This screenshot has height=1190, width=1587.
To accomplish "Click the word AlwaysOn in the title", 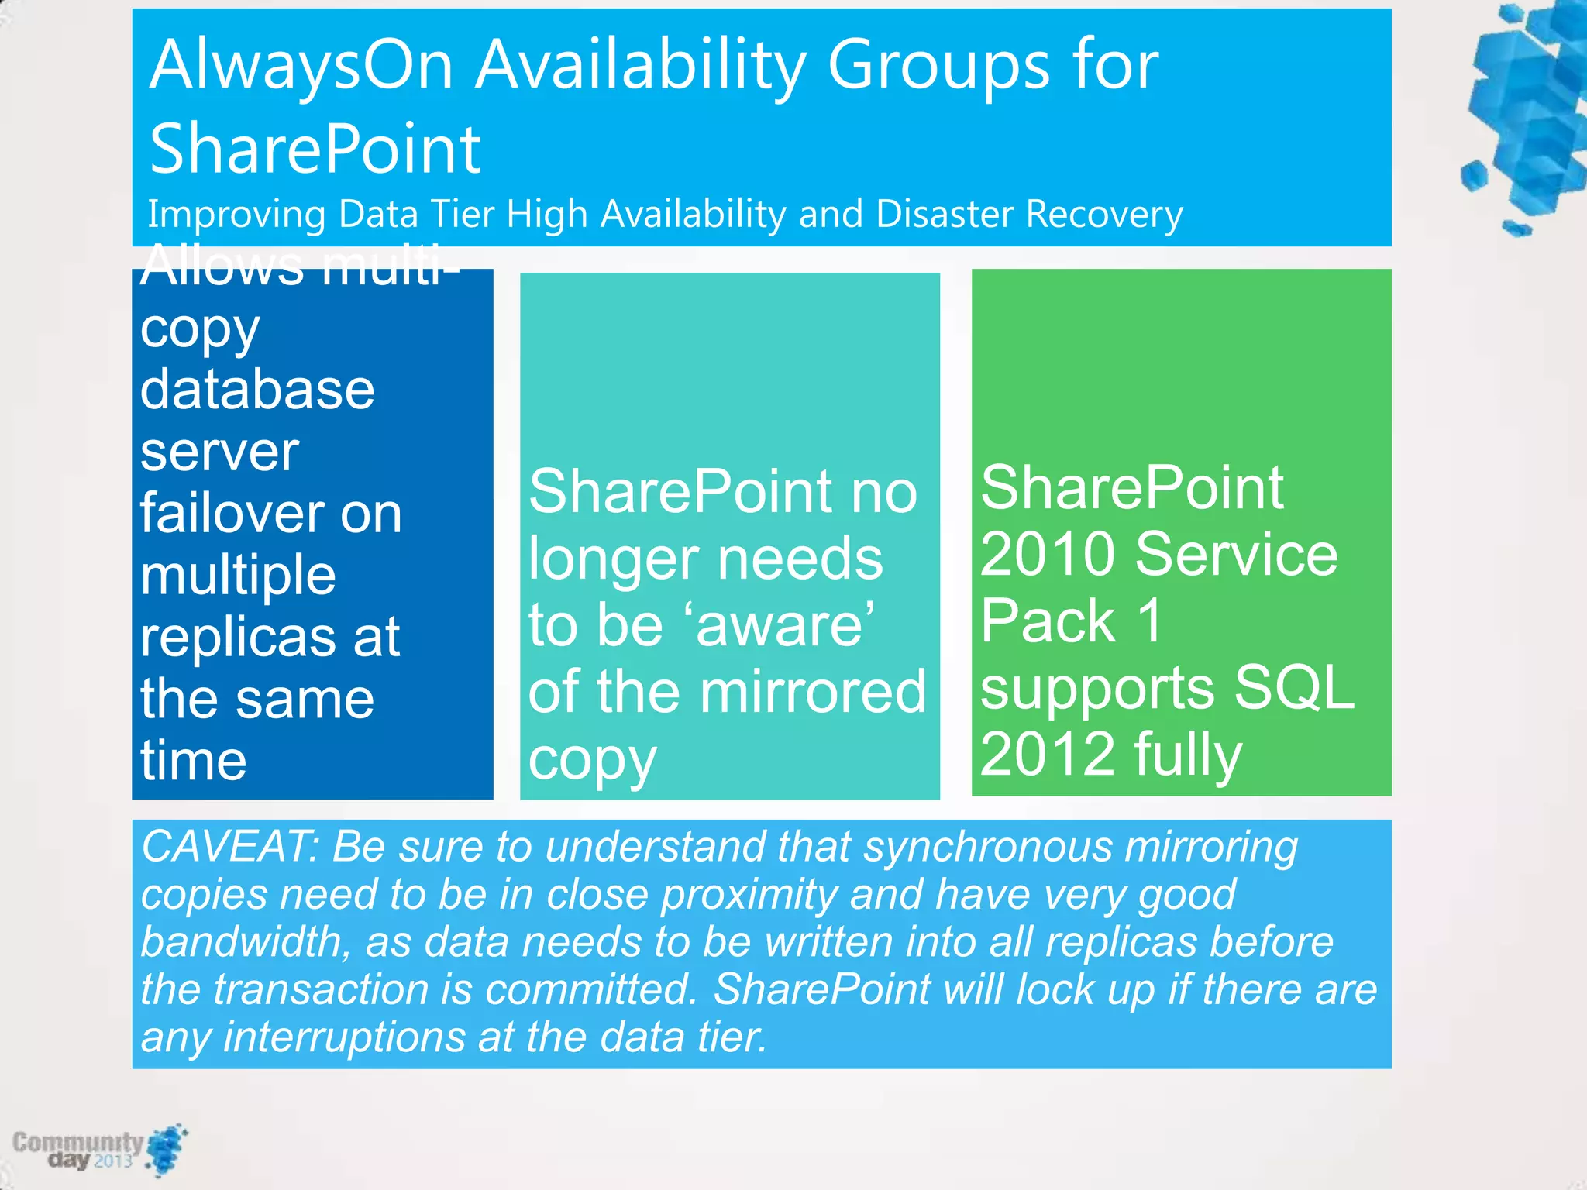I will [301, 66].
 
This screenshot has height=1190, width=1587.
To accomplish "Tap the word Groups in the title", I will [938, 66].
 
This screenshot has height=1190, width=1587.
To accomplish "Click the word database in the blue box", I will [257, 389].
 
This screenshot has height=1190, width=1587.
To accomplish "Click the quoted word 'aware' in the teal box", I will [785, 625].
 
